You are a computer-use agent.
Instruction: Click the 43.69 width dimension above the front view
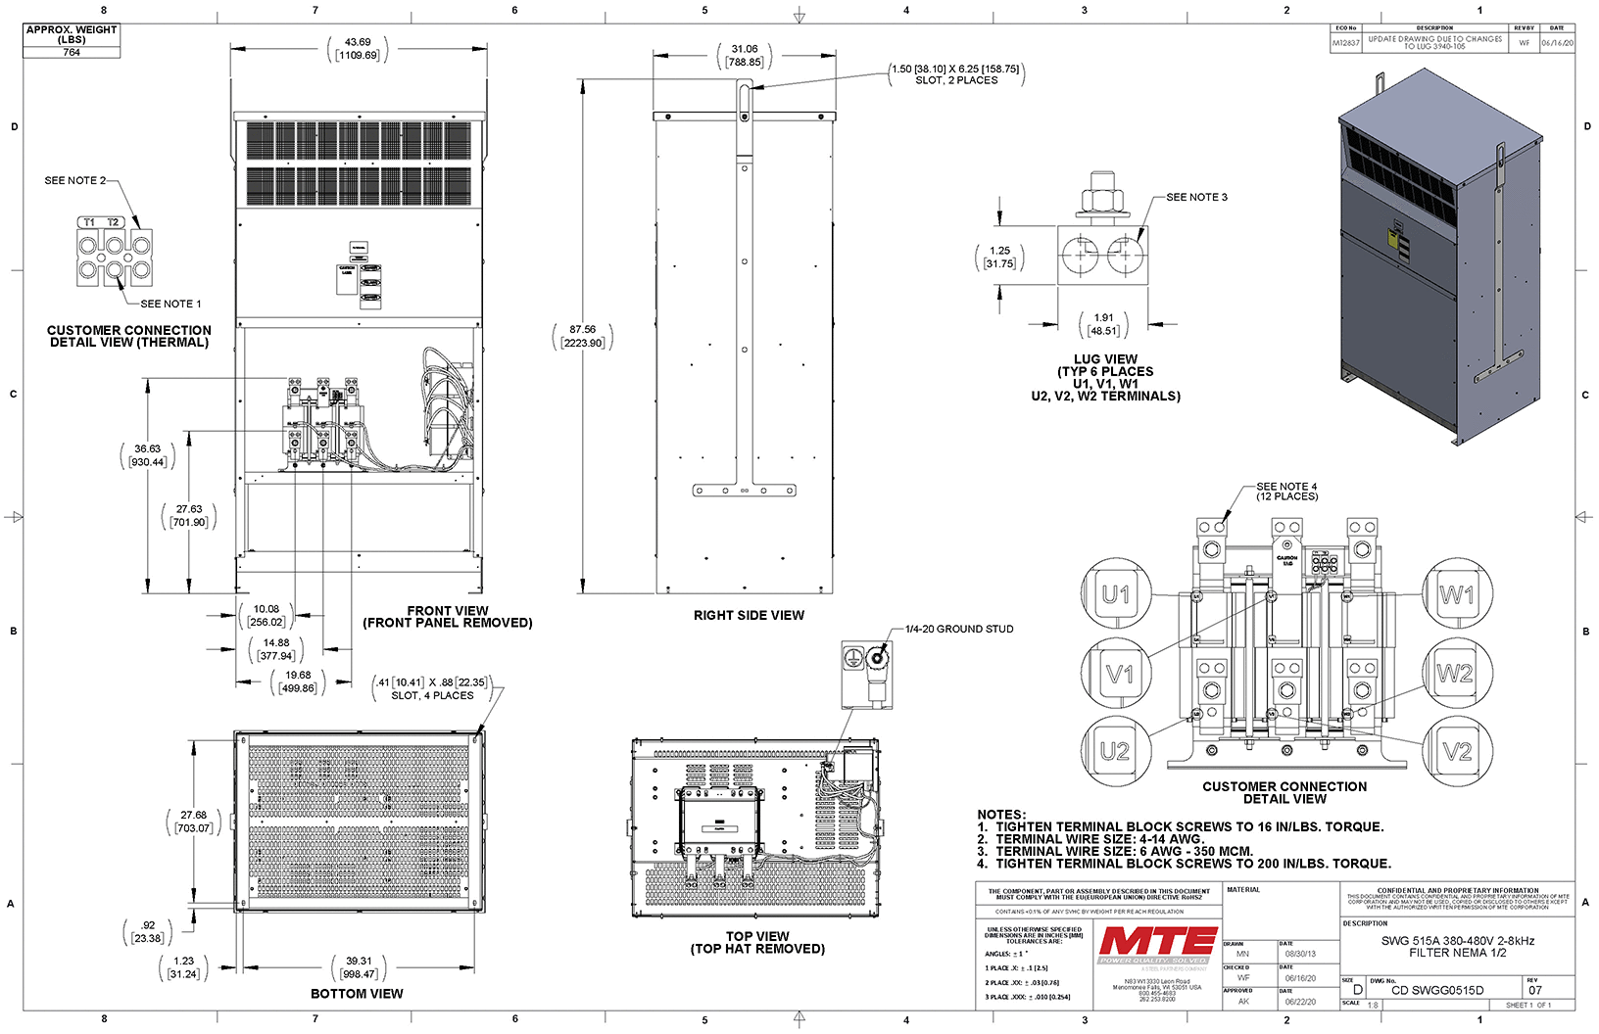pos(358,48)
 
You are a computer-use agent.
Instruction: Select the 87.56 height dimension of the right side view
pos(583,336)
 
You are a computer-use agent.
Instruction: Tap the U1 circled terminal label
pos(1115,594)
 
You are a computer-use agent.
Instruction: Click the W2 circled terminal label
pos(1455,674)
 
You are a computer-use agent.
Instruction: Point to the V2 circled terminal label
pos(1457,751)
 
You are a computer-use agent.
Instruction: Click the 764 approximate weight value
pos(72,52)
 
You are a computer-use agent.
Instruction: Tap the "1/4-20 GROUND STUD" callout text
pos(959,629)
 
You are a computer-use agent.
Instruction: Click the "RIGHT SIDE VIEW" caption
pos(749,615)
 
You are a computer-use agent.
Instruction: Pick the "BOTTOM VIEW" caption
pos(357,993)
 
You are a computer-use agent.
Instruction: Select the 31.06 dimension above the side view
pos(745,55)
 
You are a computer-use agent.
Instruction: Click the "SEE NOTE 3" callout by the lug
pos(1196,197)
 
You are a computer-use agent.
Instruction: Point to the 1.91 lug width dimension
pos(1103,324)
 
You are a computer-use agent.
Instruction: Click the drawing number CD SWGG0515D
pos(1437,990)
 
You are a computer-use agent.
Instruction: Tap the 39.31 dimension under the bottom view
pos(360,967)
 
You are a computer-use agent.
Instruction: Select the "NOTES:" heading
pos(1001,814)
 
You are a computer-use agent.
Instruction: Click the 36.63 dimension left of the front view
pos(148,455)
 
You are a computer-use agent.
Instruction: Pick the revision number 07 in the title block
pos(1534,990)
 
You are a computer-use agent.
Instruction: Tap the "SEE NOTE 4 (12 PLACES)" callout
pos(1286,491)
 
